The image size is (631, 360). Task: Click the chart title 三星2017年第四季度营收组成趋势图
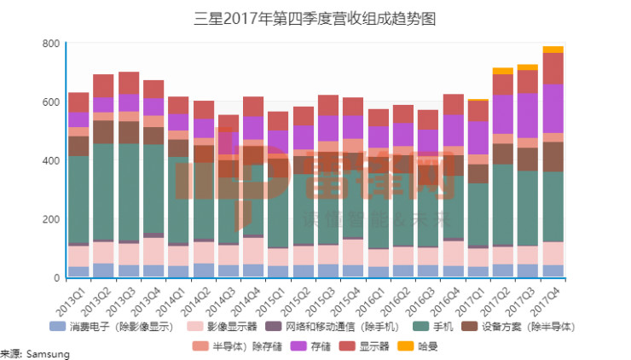[315, 17]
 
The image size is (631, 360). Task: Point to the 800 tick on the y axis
[50, 44]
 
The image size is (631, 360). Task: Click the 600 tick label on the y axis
[50, 102]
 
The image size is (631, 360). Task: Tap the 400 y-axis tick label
[50, 161]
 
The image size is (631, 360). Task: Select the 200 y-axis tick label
[50, 219]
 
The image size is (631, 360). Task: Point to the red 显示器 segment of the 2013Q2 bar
[103, 85]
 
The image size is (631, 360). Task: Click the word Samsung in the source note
[48, 354]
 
